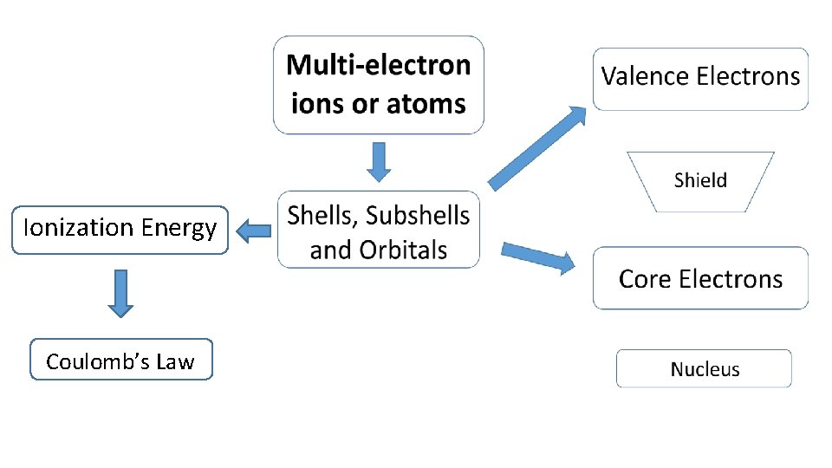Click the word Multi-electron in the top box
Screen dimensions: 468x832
click(x=378, y=66)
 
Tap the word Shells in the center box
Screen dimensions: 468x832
click(x=321, y=216)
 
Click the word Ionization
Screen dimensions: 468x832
click(x=78, y=228)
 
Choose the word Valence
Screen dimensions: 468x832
click(x=646, y=76)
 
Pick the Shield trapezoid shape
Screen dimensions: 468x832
click(x=700, y=181)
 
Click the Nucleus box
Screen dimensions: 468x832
click(x=704, y=369)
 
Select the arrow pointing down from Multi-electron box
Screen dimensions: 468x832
click(x=379, y=162)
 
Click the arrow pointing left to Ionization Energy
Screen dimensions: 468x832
click(x=253, y=231)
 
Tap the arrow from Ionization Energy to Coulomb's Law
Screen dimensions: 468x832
click(x=122, y=293)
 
